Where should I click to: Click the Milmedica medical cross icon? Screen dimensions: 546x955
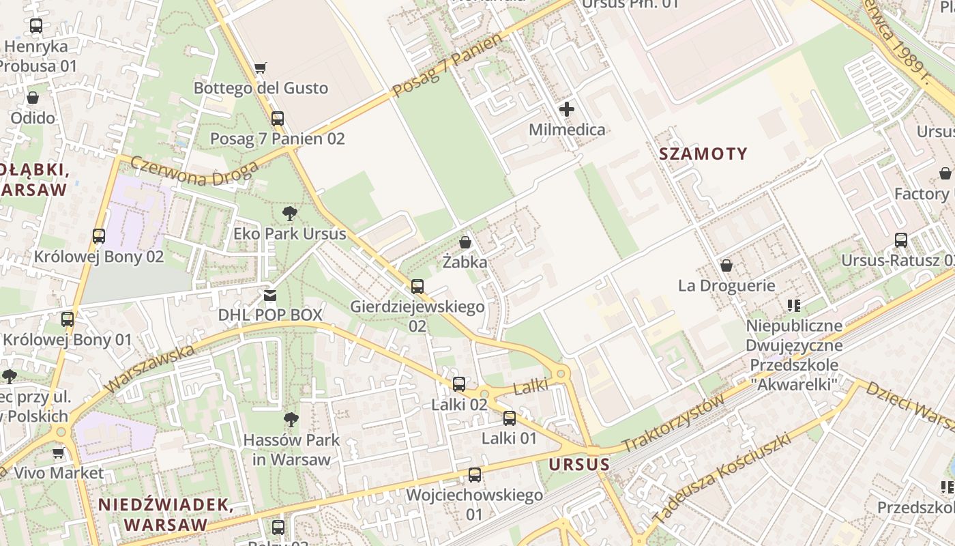[566, 109]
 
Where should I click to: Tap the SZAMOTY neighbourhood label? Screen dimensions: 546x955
[703, 154]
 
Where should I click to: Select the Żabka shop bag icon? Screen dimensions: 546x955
[465, 242]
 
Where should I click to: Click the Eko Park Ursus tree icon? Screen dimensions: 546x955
[289, 214]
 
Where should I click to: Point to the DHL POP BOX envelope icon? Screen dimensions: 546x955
[270, 296]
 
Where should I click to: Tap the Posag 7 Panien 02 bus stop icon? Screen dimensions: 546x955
[277, 119]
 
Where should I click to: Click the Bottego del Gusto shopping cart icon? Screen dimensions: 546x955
[260, 68]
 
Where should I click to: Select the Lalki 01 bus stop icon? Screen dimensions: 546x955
[509, 418]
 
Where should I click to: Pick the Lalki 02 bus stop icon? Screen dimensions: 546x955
[459, 384]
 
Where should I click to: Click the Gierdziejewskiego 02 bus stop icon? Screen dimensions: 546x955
[417, 287]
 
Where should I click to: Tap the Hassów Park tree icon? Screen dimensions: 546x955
[291, 419]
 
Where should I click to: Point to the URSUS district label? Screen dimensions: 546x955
[579, 465]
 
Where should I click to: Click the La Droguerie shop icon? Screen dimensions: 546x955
[726, 265]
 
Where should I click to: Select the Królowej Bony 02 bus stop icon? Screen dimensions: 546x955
[99, 236]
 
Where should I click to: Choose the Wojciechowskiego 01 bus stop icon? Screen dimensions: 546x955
[474, 474]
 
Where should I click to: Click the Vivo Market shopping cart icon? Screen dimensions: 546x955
[59, 452]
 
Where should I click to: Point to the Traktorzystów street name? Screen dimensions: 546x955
[673, 424]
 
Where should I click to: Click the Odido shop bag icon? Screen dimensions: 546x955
[32, 98]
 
